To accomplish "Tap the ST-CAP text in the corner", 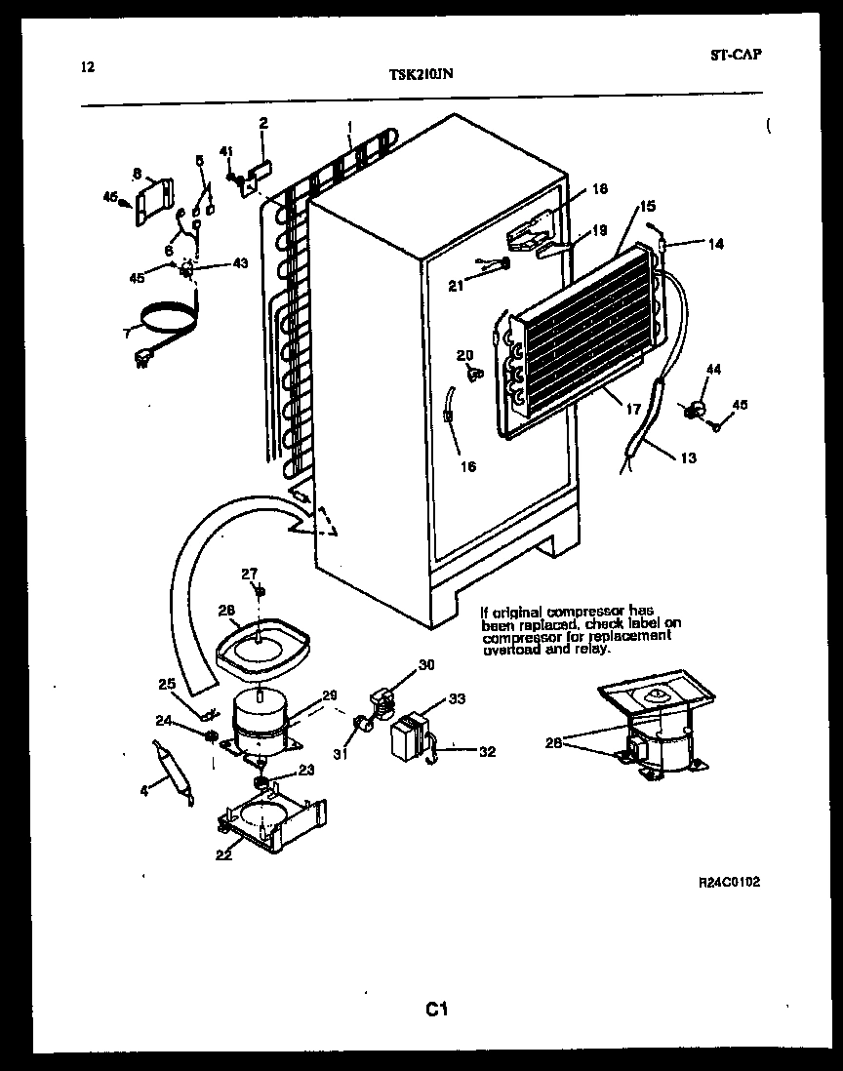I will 736,55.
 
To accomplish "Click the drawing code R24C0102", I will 729,882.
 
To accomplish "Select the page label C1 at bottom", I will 435,1009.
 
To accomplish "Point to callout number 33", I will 457,698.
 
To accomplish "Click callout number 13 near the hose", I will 688,457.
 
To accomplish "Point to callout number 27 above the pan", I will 250,574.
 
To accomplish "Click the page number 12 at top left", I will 88,67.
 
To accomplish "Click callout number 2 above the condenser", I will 263,123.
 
